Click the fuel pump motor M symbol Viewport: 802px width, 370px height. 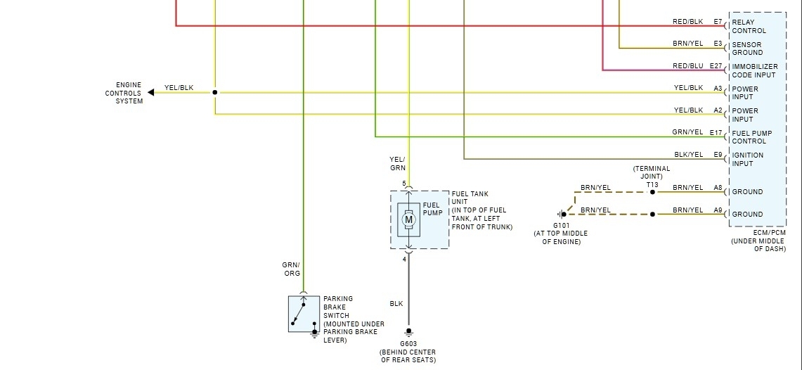[408, 220]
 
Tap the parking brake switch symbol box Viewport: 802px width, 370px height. [303, 314]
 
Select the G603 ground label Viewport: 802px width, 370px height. [408, 344]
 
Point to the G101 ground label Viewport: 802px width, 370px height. [561, 226]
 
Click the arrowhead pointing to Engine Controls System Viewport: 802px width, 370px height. [150, 92]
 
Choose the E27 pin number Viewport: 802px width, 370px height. [716, 66]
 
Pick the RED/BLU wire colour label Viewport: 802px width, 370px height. [687, 66]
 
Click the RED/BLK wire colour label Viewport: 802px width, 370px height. [687, 22]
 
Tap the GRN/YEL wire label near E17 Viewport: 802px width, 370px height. [687, 132]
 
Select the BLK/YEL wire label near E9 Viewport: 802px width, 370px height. [687, 155]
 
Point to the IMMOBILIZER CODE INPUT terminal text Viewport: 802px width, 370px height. [754, 70]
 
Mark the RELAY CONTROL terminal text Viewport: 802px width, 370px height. [749, 26]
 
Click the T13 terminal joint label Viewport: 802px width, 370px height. [652, 184]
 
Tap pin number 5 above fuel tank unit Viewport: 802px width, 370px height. [404, 184]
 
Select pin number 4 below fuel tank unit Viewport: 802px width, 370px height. [404, 260]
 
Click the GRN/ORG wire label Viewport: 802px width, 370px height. [292, 269]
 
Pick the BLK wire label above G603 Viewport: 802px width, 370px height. [396, 304]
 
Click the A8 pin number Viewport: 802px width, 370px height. [718, 188]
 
